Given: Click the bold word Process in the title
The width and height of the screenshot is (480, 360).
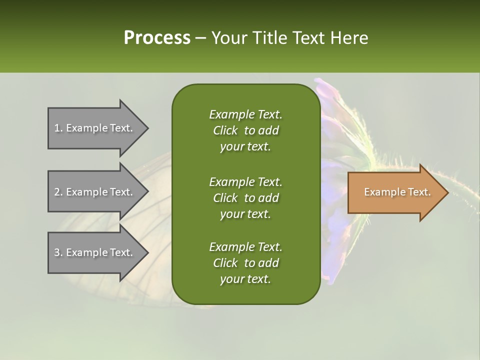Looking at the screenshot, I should coord(156,38).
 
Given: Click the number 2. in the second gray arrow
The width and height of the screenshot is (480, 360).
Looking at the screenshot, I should coord(58,192).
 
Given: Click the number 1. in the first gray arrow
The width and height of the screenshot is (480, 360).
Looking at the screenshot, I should coord(58,128).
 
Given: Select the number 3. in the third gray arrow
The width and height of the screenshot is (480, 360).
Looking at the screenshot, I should coord(58,252).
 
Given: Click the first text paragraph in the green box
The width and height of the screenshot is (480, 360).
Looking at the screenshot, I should coord(245,130).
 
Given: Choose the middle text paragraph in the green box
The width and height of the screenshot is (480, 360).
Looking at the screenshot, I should coord(245,197).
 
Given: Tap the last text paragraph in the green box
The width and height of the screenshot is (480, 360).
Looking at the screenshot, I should coord(245,263).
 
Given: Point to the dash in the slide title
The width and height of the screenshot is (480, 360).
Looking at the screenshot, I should coord(201,38).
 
